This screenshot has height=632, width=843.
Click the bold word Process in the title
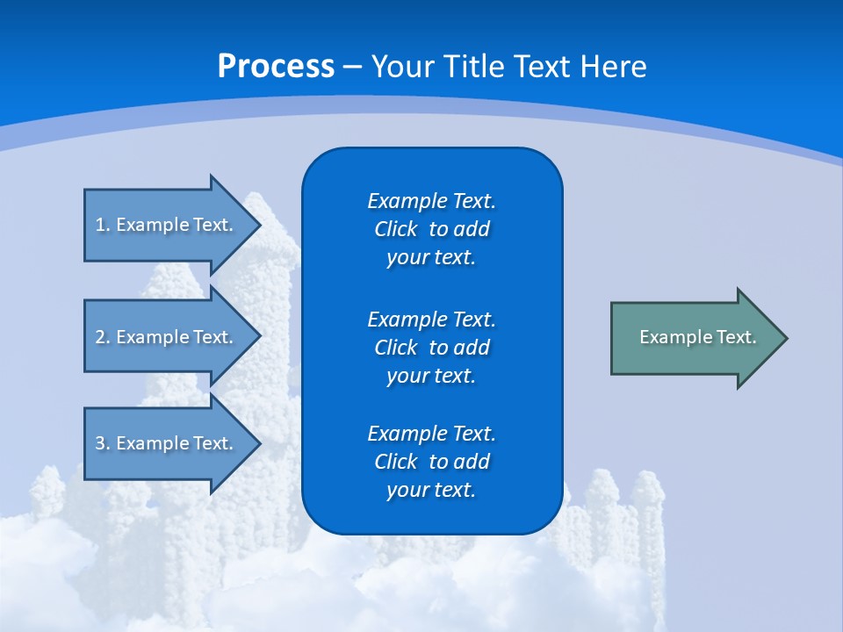(276, 67)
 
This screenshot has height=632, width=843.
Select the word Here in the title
(614, 67)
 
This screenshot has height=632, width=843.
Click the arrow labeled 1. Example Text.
(167, 225)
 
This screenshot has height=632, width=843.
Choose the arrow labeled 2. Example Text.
(167, 337)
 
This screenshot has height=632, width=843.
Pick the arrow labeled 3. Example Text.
(167, 443)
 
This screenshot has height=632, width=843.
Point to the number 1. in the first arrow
(103, 225)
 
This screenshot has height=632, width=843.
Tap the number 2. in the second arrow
(103, 337)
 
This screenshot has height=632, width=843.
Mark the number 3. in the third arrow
(103, 443)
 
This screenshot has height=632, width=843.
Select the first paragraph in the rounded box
(431, 229)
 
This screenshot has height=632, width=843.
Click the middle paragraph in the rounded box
(431, 347)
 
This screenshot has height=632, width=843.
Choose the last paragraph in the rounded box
(431, 462)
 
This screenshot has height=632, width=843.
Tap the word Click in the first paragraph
(395, 229)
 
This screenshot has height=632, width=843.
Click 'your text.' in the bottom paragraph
(431, 490)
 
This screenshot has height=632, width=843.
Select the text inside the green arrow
(697, 337)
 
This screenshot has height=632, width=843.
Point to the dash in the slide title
(352, 67)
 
